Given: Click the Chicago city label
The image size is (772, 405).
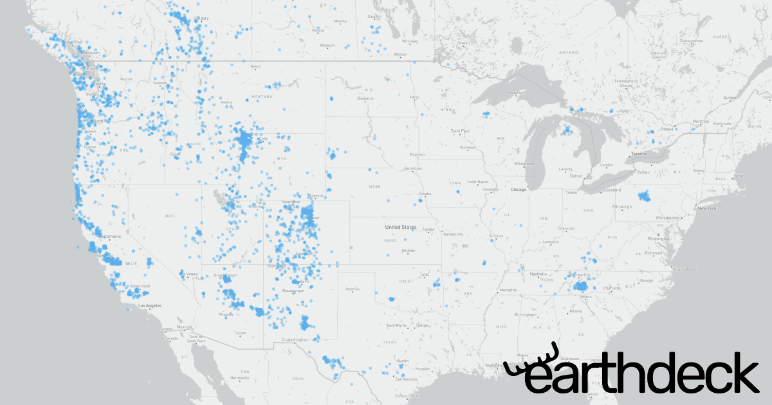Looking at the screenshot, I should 518,190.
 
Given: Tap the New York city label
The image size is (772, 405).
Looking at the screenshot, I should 707,208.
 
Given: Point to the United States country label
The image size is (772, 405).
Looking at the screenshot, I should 400,227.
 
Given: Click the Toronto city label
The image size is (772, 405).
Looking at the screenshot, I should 638,154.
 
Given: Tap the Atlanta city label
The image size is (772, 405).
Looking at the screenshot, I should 576,311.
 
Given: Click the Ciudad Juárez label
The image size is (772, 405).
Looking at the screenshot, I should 296,339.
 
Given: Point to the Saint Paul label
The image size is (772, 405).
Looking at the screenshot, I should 461,131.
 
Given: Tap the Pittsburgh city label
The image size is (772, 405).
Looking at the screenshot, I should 622,207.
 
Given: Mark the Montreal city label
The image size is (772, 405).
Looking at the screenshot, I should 701,122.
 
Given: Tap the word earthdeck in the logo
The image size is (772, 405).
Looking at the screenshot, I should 643,373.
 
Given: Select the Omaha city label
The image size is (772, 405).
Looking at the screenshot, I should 425,194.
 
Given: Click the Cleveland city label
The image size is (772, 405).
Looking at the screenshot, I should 612,190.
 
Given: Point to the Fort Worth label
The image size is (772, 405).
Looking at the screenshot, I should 396,325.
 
